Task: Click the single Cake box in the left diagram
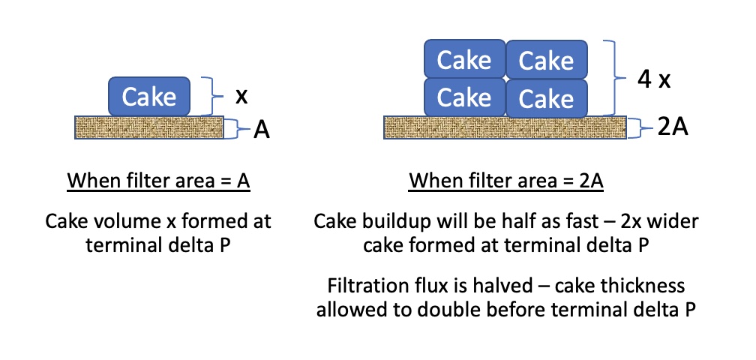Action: [149, 96]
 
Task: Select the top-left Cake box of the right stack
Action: [464, 60]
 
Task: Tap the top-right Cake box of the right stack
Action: [546, 60]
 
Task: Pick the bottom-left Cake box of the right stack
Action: [464, 97]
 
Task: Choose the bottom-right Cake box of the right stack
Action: [546, 97]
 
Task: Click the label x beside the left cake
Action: [241, 97]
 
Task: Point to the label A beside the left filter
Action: [261, 130]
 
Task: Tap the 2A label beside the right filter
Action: [673, 127]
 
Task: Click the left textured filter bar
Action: [149, 127]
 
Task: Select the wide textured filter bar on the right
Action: [507, 127]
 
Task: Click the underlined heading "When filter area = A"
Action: [158, 181]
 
